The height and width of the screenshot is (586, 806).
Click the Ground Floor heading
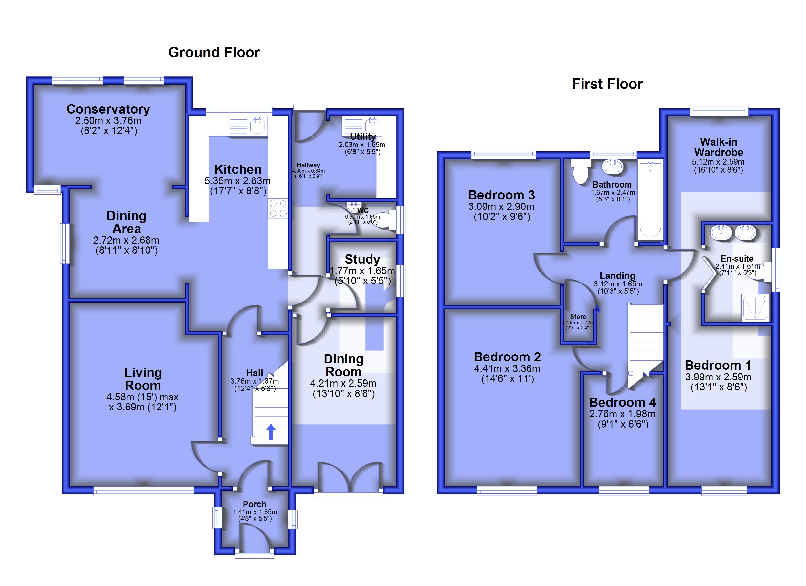(x=214, y=52)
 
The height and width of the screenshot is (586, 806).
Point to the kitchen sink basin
(x=257, y=126)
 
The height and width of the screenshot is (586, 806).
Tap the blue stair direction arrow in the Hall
(x=271, y=432)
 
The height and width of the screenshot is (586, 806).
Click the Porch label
(x=255, y=504)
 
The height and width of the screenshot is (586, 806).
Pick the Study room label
(x=362, y=259)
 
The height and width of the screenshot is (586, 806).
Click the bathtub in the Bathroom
(x=650, y=200)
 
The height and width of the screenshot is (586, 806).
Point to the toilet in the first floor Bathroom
(x=580, y=172)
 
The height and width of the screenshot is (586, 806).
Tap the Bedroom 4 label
(x=623, y=402)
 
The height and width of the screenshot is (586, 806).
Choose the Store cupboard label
(x=578, y=317)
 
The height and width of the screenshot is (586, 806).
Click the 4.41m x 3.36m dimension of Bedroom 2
(x=507, y=369)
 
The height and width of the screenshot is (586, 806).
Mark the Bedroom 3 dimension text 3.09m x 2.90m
(x=501, y=207)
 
